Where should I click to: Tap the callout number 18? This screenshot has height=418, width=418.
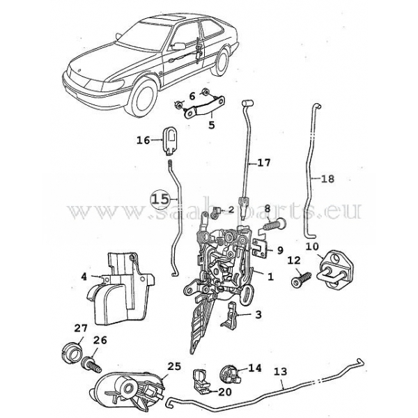[327, 179]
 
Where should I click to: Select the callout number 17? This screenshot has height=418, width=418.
[263, 164]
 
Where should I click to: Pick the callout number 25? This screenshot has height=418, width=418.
[174, 366]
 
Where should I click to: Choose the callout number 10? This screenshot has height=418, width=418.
[311, 246]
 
